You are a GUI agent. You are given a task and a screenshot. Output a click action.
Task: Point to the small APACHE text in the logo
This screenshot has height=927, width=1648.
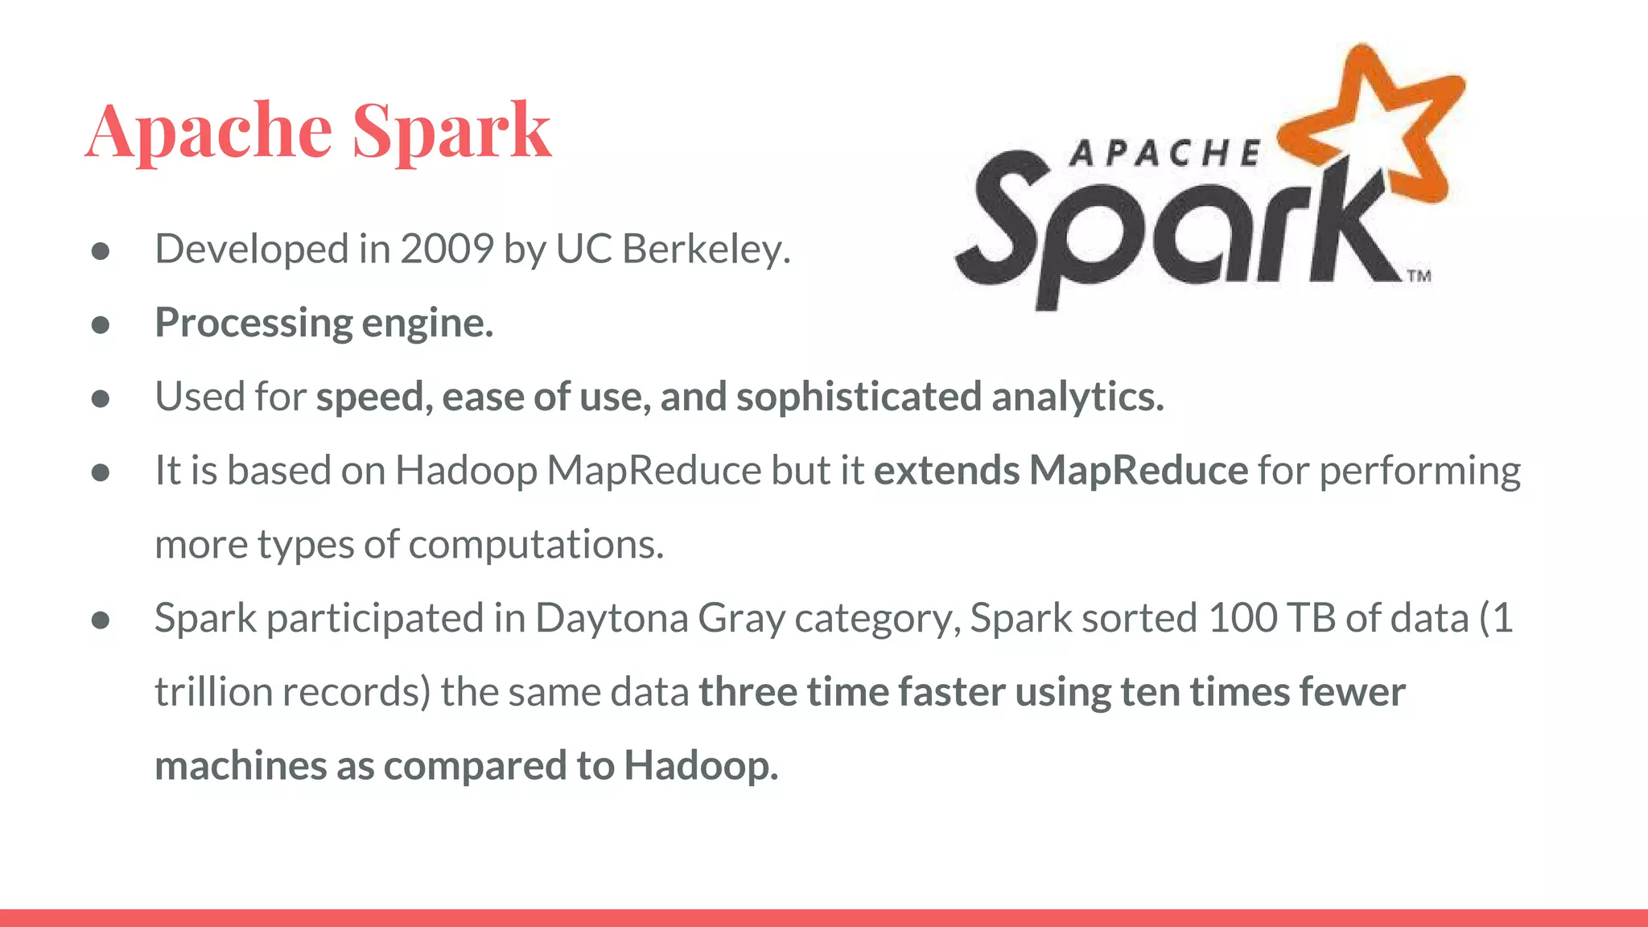tap(1164, 153)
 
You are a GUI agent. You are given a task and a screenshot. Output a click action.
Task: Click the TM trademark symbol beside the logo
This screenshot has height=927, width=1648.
tap(1419, 276)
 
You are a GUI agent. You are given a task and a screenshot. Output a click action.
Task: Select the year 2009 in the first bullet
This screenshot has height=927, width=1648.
tap(447, 249)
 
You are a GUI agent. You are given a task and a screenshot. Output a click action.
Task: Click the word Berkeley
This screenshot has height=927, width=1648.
tap(706, 249)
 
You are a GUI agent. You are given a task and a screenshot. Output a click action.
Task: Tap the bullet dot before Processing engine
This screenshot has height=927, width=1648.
tap(101, 324)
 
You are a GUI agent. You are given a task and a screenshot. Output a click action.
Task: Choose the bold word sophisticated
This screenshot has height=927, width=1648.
tap(859, 397)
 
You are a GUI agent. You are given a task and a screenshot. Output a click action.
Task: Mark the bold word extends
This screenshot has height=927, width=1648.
tap(946, 471)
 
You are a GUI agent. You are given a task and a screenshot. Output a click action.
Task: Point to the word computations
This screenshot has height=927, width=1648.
tap(536, 545)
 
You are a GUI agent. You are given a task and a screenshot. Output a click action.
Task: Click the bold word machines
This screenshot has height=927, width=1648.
tap(241, 766)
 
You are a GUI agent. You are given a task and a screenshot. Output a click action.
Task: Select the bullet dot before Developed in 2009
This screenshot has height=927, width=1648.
tap(101, 251)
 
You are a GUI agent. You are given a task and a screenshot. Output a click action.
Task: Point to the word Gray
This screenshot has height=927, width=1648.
tap(741, 620)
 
